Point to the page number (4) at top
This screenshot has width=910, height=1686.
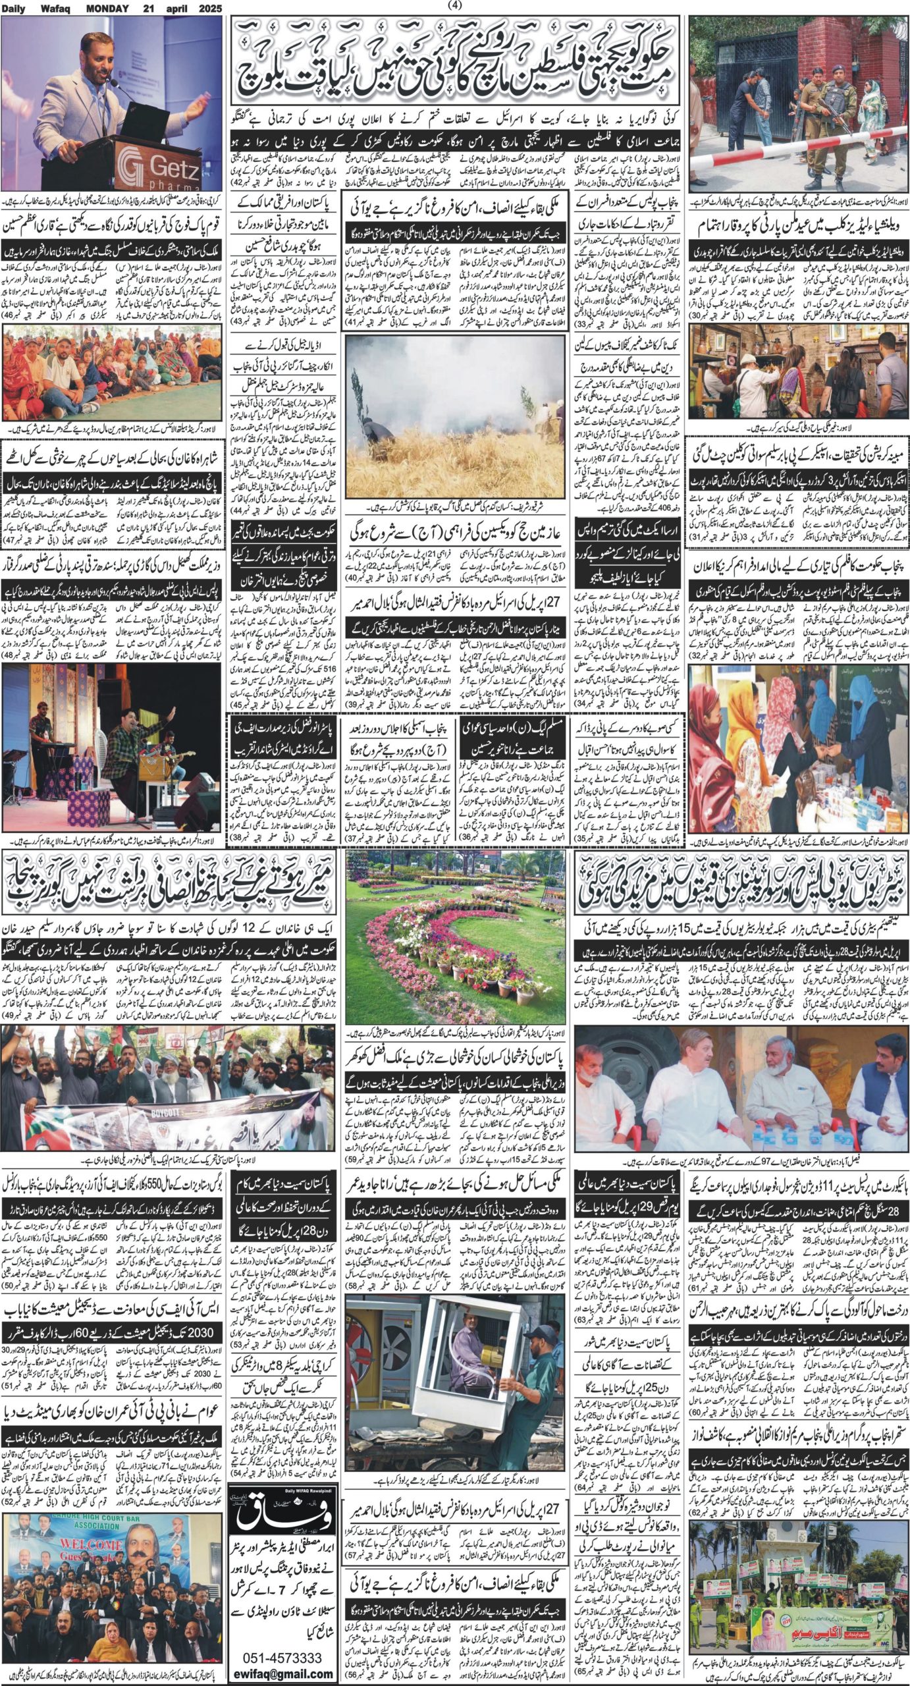(455, 6)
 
